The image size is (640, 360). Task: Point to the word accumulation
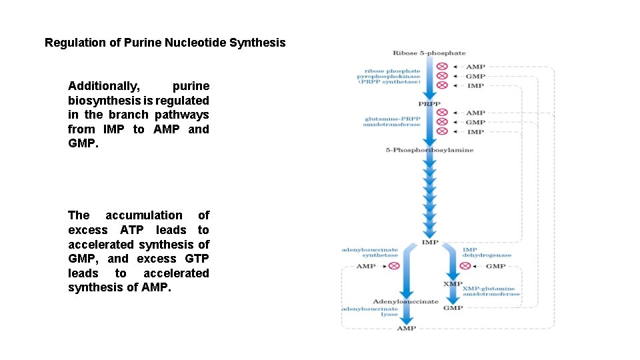[x=143, y=215]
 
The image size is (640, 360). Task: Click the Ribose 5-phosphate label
[x=429, y=53]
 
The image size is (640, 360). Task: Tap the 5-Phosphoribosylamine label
[x=430, y=150]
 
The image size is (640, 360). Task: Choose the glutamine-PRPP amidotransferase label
[x=392, y=121]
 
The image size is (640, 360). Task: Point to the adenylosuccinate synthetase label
[x=370, y=252]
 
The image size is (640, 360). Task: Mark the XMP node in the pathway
[x=453, y=284]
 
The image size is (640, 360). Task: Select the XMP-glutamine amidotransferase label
[x=492, y=291]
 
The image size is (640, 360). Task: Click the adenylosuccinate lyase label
[x=371, y=311]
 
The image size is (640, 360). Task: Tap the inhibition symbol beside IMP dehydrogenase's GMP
[x=465, y=266]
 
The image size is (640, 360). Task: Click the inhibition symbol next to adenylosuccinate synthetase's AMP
[x=394, y=266]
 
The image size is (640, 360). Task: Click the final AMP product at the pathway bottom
[x=406, y=328]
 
